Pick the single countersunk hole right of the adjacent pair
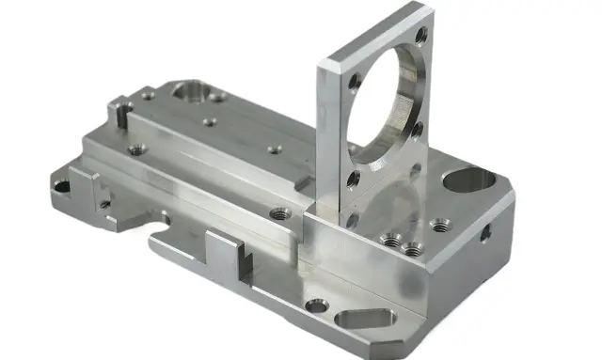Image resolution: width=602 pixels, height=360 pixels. click(439, 225)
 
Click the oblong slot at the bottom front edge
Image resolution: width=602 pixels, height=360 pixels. click(368, 320)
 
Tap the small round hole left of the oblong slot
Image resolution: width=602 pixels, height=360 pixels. click(317, 305)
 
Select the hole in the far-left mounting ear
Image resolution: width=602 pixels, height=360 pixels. click(61, 186)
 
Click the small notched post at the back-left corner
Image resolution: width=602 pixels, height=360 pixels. click(119, 112)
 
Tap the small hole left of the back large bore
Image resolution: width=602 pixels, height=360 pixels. click(147, 94)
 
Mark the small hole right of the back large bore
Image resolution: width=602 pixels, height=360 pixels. click(217, 97)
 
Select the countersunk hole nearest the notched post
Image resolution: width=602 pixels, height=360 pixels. click(137, 149)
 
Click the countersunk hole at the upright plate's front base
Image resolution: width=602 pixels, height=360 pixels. click(280, 214)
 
